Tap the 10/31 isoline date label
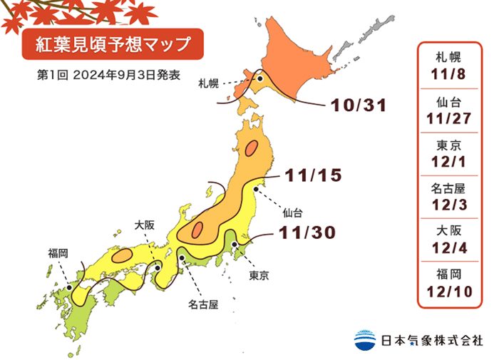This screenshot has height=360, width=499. (359, 106)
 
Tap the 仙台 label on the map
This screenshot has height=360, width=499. (292, 212)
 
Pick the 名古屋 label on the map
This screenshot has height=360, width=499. (202, 304)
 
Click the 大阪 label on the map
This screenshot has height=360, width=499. (145, 225)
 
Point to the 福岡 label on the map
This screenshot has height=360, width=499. (58, 252)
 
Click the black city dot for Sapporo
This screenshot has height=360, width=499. (261, 80)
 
